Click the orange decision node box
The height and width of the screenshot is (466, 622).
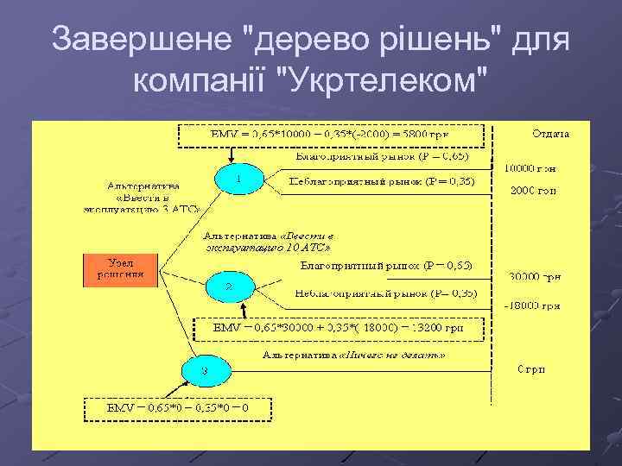(120, 270)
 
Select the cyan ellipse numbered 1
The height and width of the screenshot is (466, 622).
(239, 179)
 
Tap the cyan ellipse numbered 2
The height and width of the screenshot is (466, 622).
(230, 286)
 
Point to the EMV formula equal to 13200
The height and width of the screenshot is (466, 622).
(339, 329)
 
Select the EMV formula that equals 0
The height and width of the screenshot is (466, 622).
(178, 406)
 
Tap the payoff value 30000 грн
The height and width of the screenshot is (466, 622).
(533, 277)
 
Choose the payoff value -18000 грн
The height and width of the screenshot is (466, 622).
(533, 305)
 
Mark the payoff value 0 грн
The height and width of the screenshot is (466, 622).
(531, 370)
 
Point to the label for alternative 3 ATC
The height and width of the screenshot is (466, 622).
(143, 197)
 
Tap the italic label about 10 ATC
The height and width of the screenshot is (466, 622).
(268, 241)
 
